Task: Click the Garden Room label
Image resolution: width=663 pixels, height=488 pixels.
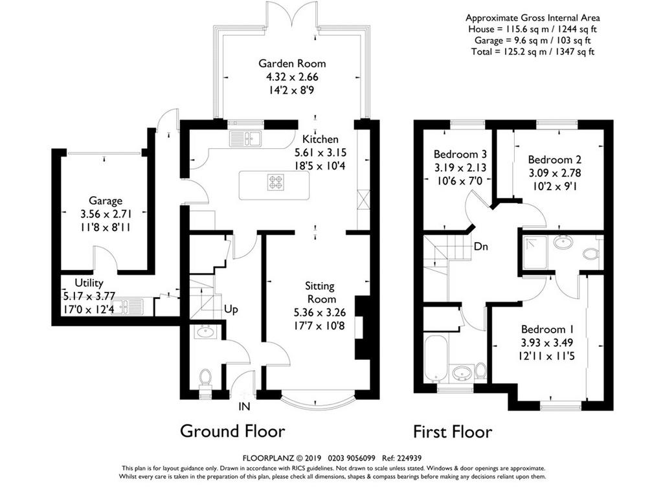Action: pos(292,64)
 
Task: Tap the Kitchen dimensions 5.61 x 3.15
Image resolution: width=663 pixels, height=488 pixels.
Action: pos(320,153)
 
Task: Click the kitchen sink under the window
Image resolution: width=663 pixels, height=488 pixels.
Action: pos(245,138)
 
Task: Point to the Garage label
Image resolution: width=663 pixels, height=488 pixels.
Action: pos(106,201)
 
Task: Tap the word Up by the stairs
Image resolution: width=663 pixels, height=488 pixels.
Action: pos(231,310)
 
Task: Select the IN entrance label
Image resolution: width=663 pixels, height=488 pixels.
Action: pos(244,406)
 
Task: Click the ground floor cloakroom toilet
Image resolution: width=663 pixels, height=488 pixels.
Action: pos(205,378)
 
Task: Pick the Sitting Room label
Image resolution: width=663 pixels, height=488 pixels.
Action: pos(320,293)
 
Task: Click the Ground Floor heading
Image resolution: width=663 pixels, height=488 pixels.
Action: pos(232,432)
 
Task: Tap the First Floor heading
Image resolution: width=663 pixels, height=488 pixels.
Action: pos(453,432)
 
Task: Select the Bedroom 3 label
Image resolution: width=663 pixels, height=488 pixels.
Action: pos(460,154)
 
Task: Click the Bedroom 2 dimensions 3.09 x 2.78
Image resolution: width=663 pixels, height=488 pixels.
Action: pos(555,173)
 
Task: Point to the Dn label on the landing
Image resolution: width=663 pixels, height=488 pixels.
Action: pos(481,247)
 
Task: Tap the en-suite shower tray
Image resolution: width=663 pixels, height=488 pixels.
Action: pos(534,252)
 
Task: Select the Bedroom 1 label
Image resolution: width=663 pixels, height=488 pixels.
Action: pos(548,329)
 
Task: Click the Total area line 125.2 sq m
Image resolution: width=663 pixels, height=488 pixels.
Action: pos(533,52)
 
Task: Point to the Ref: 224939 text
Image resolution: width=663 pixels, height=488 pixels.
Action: pos(401,458)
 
